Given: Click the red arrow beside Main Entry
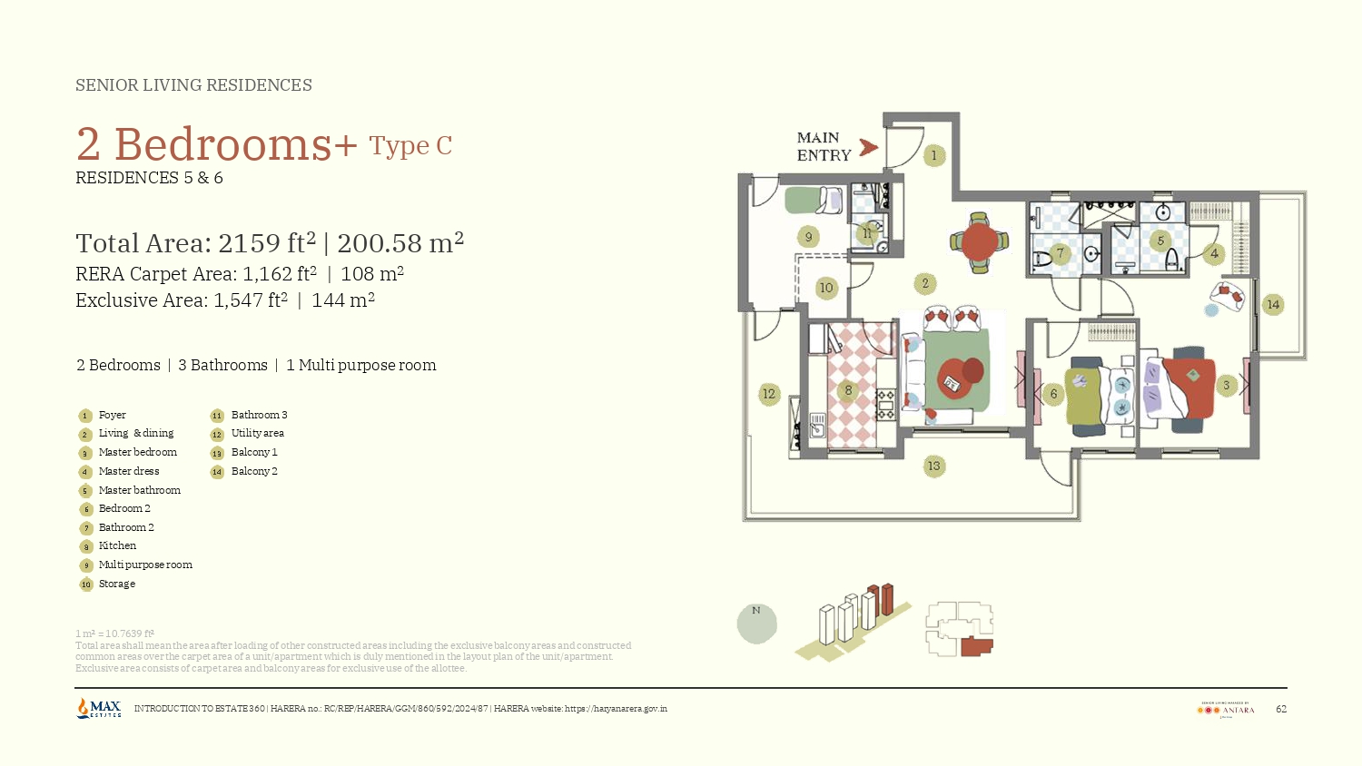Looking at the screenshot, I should (868, 147).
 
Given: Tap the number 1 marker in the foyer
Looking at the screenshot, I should (933, 155).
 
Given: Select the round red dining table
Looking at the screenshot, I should (979, 242).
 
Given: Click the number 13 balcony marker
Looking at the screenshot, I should (933, 466).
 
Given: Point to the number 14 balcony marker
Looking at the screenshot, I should (1273, 305).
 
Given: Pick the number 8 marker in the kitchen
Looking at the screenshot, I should (848, 391).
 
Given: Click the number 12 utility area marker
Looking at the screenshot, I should (769, 394).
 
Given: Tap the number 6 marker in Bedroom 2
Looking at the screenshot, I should (1053, 394).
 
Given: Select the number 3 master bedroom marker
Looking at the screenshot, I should (1226, 386).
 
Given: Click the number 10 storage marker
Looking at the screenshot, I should (825, 288).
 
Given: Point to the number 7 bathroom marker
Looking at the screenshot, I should (1059, 253).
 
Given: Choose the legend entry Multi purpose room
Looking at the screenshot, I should (145, 565).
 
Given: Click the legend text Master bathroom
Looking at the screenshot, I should (139, 490).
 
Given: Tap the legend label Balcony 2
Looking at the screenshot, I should (254, 471).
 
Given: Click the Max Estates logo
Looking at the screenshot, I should (99, 708).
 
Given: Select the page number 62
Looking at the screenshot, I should (1280, 709).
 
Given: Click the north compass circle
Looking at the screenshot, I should (756, 624).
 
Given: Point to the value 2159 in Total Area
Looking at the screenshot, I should (250, 243).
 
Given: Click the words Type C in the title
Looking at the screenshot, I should (410, 146).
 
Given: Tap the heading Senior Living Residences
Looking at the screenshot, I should (193, 85).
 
